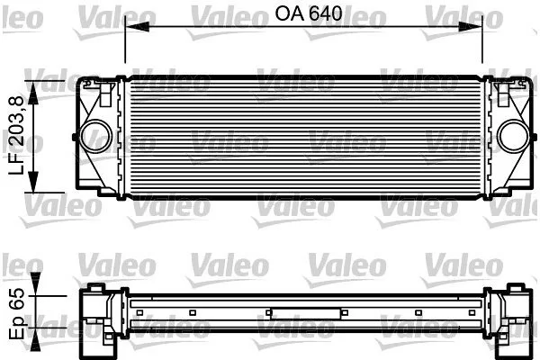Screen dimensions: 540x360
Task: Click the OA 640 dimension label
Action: tap(308, 13)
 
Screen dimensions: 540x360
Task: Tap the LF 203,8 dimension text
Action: tap(17, 135)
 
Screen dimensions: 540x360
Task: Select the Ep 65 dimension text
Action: tap(17, 313)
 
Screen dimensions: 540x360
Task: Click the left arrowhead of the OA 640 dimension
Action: tap(137, 27)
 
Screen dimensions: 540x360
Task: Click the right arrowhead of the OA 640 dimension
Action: tap(471, 27)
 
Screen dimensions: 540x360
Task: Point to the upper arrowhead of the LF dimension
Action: tap(32, 93)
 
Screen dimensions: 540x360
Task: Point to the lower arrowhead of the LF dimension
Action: tap(32, 181)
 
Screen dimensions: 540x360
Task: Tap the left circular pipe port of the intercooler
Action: tap(95, 137)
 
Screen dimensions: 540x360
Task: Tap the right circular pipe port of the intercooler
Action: tap(513, 137)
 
